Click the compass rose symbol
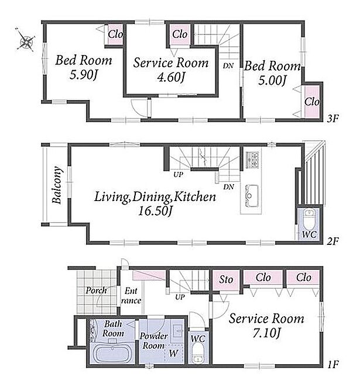point(26,40)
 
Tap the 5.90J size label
point(84,74)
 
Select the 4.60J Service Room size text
point(171,77)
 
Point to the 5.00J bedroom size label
point(272,80)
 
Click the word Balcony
point(57,185)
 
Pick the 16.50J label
point(155,210)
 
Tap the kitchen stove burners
point(252,160)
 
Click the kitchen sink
point(252,196)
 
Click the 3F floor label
point(333,119)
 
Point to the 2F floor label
point(333,241)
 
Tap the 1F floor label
point(333,365)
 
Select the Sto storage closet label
point(226,279)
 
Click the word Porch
point(96,290)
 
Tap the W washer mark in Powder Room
point(174,353)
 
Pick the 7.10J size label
point(266,333)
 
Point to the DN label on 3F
point(228,65)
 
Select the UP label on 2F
point(178,175)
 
